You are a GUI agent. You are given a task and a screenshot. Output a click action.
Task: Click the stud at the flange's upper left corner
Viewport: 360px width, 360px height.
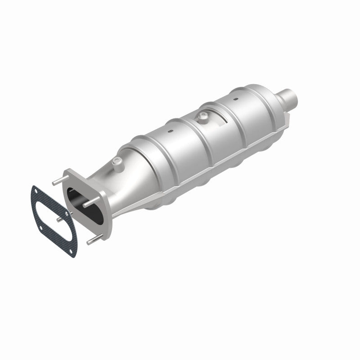point(56,181)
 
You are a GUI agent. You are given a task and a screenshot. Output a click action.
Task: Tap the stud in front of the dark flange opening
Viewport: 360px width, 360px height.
point(87,204)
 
